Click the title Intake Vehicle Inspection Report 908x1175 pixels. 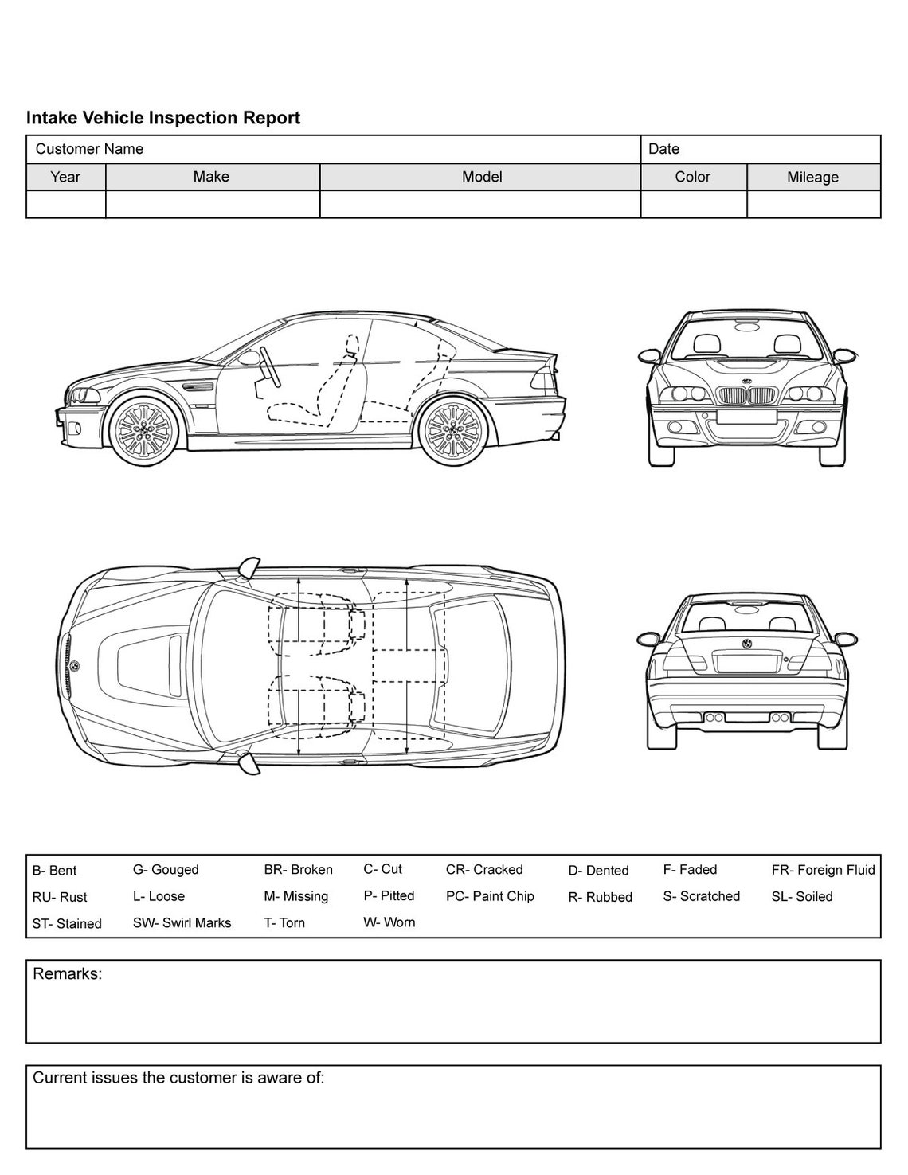click(163, 118)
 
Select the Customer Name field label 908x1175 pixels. click(89, 149)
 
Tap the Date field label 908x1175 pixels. click(663, 149)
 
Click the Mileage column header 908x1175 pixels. click(812, 178)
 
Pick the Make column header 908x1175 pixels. click(211, 177)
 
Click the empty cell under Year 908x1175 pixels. click(65, 205)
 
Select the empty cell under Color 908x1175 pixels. click(693, 205)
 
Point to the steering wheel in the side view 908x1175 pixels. click(268, 365)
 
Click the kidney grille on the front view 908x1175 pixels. click(747, 396)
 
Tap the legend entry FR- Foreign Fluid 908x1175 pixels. click(823, 870)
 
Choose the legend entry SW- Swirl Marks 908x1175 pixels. click(182, 922)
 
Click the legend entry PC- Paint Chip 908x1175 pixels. click(490, 896)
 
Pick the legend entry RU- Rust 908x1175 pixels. click(60, 897)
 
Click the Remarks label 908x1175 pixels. click(67, 973)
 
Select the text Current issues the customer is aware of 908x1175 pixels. click(178, 1078)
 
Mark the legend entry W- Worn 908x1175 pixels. click(389, 922)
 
